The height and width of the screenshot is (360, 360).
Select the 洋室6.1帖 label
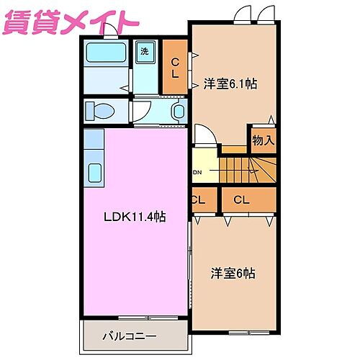pyautogui.click(x=230, y=84)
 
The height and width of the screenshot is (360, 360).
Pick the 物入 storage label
pyautogui.click(x=263, y=140)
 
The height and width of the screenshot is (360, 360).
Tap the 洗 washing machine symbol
pyautogui.click(x=144, y=52)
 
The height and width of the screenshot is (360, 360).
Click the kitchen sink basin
pyautogui.click(x=95, y=173)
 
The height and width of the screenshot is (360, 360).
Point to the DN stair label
pyautogui.click(x=197, y=173)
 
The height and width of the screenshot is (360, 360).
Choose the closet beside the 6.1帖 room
pyautogui.click(x=174, y=68)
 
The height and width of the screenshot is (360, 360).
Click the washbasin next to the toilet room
pyautogui.click(x=179, y=112)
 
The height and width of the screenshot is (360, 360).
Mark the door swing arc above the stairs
pyautogui.click(x=204, y=135)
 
